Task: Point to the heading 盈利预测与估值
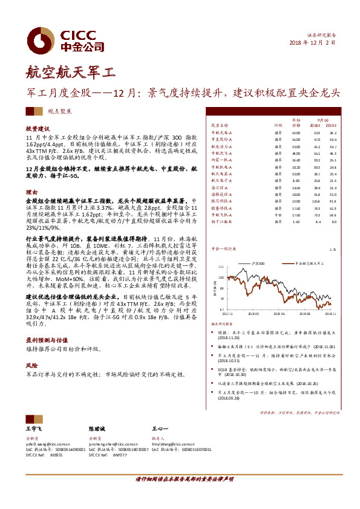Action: [x=45, y=341]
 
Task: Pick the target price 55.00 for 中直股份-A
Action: [x=296, y=139]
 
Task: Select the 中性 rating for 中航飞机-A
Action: [x=278, y=215]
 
